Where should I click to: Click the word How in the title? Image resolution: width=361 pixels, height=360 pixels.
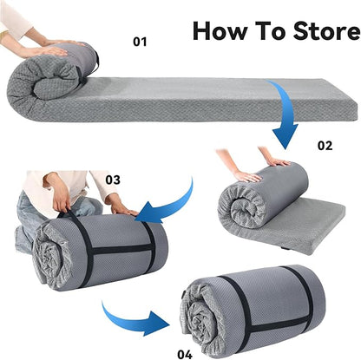[x=220, y=30]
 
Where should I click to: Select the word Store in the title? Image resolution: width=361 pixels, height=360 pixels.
[x=326, y=30]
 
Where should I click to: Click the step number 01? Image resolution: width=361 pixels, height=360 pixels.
[x=140, y=42]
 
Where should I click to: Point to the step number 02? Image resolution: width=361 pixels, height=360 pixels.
[x=325, y=146]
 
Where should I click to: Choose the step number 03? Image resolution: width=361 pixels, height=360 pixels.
[x=113, y=180]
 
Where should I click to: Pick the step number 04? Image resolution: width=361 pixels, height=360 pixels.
[x=185, y=354]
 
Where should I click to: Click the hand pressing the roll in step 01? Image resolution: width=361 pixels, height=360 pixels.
[x=52, y=51]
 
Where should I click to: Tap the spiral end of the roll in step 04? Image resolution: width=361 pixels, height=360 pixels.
[x=200, y=318]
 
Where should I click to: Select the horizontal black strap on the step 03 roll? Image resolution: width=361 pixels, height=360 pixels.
[x=121, y=249]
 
